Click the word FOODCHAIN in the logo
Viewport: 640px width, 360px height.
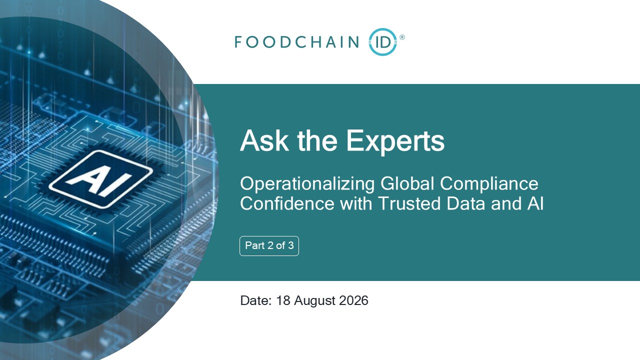pyautogui.click(x=297, y=42)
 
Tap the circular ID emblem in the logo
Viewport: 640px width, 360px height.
pyautogui.click(x=383, y=41)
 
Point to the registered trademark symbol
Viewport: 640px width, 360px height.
pyautogui.click(x=402, y=37)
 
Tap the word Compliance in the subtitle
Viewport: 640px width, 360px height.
pyautogui.click(x=489, y=184)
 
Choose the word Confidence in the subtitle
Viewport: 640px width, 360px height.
pyautogui.click(x=287, y=203)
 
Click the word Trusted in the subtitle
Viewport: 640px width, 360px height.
pyautogui.click(x=409, y=203)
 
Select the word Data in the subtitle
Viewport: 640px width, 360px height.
pyautogui.click(x=465, y=203)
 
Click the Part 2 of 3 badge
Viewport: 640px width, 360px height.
pyautogui.click(x=269, y=245)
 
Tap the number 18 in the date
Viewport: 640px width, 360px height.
pyautogui.click(x=283, y=300)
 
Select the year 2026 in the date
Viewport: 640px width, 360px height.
pyautogui.click(x=353, y=300)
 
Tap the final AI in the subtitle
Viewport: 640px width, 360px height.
pyautogui.click(x=535, y=203)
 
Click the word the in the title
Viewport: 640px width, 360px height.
pyautogui.click(x=317, y=140)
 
